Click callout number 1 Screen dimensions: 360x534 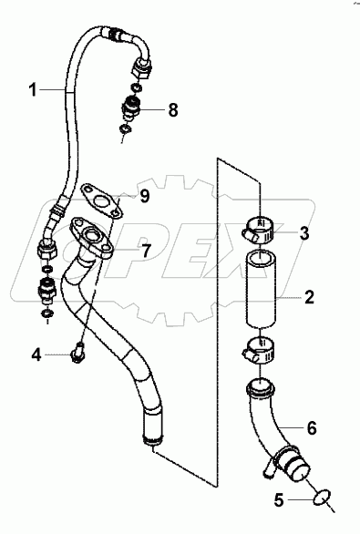(33, 90)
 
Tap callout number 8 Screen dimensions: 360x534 (173, 110)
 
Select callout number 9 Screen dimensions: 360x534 (145, 196)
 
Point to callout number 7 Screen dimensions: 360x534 (146, 251)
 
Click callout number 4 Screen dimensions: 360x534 (36, 354)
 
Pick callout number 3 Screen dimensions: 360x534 (303, 233)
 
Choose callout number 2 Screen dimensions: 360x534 (309, 297)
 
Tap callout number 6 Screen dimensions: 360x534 (312, 428)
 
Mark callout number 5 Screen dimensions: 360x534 (279, 500)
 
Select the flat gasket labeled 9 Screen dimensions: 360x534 (101, 200)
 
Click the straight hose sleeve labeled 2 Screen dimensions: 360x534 (261, 289)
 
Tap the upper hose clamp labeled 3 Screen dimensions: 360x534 (258, 231)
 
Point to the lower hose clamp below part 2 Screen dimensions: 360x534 (260, 350)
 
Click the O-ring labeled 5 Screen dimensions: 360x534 (322, 499)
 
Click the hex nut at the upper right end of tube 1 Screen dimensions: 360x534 (141, 67)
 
